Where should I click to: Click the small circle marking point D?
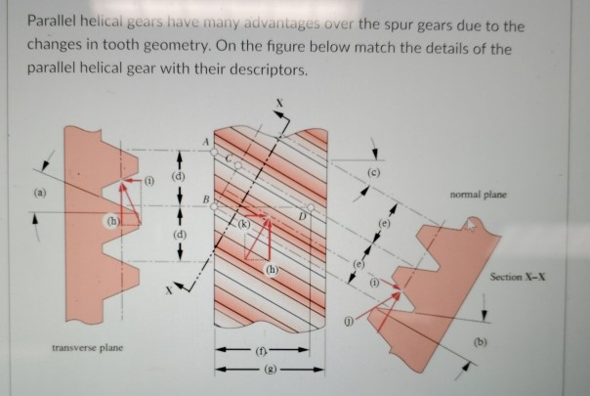click(309, 208)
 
